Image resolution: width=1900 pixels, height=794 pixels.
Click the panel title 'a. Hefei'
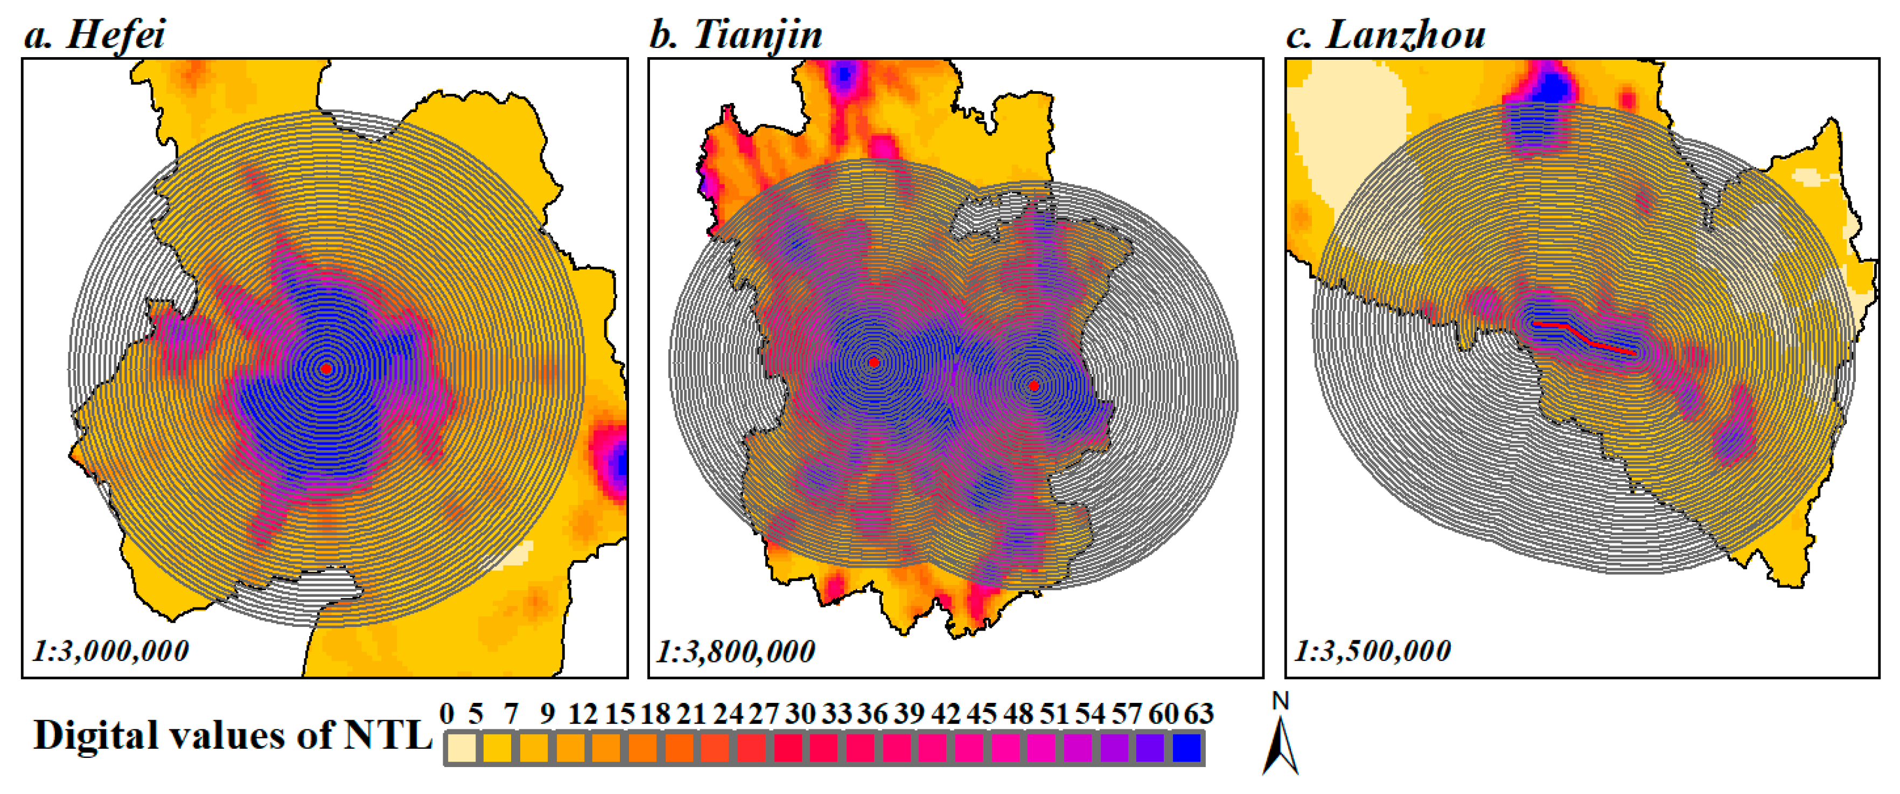tap(94, 34)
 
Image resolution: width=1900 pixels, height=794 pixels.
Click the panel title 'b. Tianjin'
tap(735, 34)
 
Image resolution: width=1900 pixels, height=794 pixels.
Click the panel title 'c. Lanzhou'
tap(1385, 34)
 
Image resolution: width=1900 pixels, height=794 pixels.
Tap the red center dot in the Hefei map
tap(326, 368)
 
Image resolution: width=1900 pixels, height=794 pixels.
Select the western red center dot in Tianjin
tap(874, 362)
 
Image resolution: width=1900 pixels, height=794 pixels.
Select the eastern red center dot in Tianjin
tap(1033, 386)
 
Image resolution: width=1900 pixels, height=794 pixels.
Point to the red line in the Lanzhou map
tap(1586, 339)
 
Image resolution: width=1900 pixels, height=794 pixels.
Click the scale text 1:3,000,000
tap(110, 651)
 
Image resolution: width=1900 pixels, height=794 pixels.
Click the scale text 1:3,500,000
tap(1373, 651)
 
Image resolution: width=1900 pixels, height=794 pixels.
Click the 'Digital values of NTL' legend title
tap(232, 736)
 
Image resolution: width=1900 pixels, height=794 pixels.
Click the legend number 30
tap(800, 714)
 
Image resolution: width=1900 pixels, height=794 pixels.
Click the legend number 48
tap(1018, 714)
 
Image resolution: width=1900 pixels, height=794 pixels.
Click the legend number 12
tap(582, 714)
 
